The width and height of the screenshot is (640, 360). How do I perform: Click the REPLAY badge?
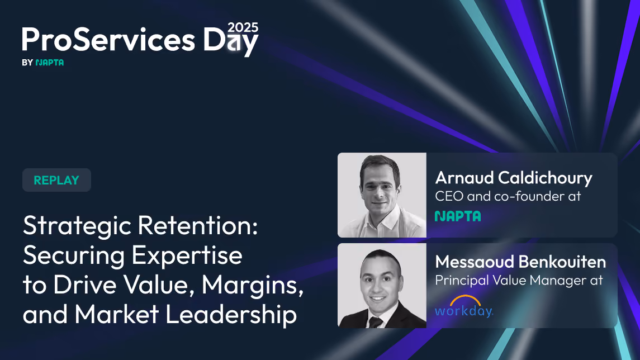(56, 180)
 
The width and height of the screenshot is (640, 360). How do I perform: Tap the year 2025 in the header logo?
(243, 27)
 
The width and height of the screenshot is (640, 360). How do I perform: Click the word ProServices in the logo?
(108, 40)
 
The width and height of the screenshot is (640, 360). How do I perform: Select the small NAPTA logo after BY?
(50, 63)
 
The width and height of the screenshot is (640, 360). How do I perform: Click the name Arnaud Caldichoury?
(514, 178)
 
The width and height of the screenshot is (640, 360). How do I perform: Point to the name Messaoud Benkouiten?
(520, 262)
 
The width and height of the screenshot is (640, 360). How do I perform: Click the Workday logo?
(464, 306)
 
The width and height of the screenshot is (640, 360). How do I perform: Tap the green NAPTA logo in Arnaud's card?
(458, 216)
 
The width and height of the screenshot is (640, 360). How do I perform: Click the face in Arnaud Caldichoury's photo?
(379, 188)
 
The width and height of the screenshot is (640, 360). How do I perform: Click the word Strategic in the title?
(77, 226)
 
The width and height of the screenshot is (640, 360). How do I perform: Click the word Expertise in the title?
(187, 256)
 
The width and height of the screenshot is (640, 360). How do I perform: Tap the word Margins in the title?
(252, 285)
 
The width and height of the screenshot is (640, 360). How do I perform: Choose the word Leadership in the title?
(231, 315)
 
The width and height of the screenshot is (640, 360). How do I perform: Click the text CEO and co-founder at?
(508, 196)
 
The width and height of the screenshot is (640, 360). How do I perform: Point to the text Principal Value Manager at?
(519, 281)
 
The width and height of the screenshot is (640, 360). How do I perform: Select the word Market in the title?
(117, 314)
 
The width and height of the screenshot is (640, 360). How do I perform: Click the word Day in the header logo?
(231, 40)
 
